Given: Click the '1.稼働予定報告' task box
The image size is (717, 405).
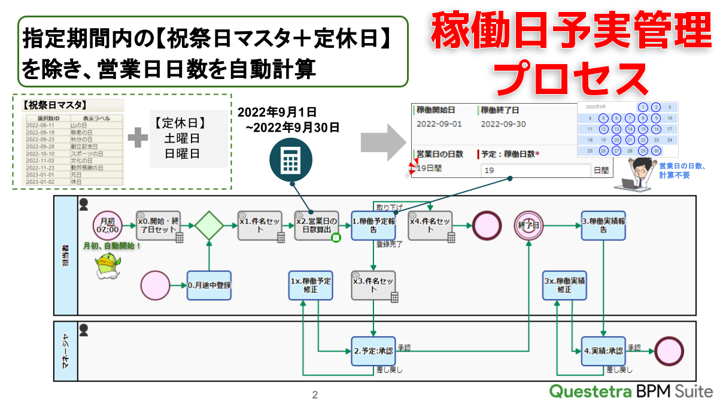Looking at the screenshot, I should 373,225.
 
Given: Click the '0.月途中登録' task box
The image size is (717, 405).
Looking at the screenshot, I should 209,285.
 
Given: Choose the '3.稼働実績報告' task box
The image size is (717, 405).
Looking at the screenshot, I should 603,225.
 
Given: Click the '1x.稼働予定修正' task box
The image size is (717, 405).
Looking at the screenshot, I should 311,285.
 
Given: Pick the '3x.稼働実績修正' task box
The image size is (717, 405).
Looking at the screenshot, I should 565,285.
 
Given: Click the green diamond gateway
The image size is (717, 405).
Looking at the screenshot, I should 209,226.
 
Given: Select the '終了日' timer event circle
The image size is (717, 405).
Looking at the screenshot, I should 528,225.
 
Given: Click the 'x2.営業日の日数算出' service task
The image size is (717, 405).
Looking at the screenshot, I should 317,225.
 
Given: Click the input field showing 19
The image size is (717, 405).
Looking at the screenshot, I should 535,171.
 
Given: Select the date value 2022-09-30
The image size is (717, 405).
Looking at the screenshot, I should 503,124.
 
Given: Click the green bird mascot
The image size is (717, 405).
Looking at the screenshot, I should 108,265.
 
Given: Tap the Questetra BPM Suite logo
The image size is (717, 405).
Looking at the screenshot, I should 631,392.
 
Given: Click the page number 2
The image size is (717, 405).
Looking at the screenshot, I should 315,395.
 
